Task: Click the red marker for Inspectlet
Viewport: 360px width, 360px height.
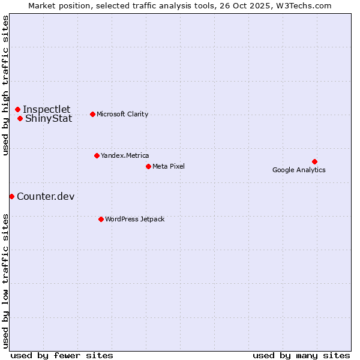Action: [18, 109]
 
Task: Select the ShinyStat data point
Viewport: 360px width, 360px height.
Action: [20, 118]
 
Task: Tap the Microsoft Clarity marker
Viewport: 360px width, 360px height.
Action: [92, 114]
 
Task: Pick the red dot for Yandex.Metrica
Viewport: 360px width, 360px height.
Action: [97, 155]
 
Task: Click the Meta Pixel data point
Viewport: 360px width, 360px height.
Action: [148, 166]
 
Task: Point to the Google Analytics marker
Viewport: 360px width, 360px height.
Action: [314, 161]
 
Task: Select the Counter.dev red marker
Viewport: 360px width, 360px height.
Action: [11, 196]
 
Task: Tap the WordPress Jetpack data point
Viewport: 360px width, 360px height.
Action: [101, 219]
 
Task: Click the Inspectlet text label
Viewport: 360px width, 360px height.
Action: [47, 109]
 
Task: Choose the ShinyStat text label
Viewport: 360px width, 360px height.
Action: [49, 118]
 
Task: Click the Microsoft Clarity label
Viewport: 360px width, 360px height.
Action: [122, 114]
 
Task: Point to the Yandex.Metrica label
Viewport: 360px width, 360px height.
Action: [125, 155]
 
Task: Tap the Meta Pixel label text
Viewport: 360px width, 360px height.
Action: [169, 166]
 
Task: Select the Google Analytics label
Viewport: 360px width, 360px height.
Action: [299, 170]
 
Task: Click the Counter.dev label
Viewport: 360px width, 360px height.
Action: [46, 196]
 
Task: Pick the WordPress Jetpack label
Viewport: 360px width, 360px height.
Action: [134, 219]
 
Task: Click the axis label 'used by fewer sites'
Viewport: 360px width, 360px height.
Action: [62, 355]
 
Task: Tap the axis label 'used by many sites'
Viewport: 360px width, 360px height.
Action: [301, 355]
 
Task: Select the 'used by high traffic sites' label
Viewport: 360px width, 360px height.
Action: [5, 85]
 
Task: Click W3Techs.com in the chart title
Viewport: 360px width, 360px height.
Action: [304, 5]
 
